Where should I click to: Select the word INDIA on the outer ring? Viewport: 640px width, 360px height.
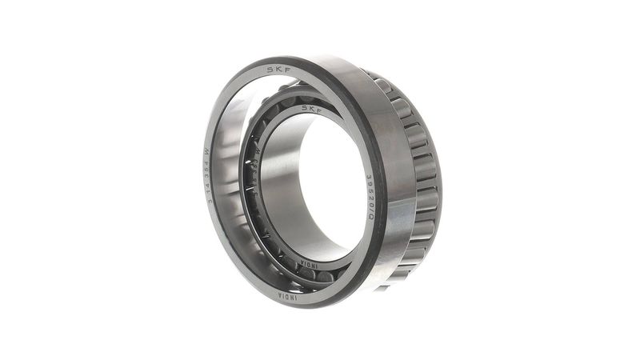coord(287,295)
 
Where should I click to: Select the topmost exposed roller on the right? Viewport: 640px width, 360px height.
coord(383,85)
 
